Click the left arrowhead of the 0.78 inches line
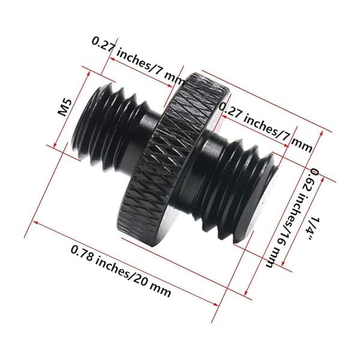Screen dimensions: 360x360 click(x=35, y=223)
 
